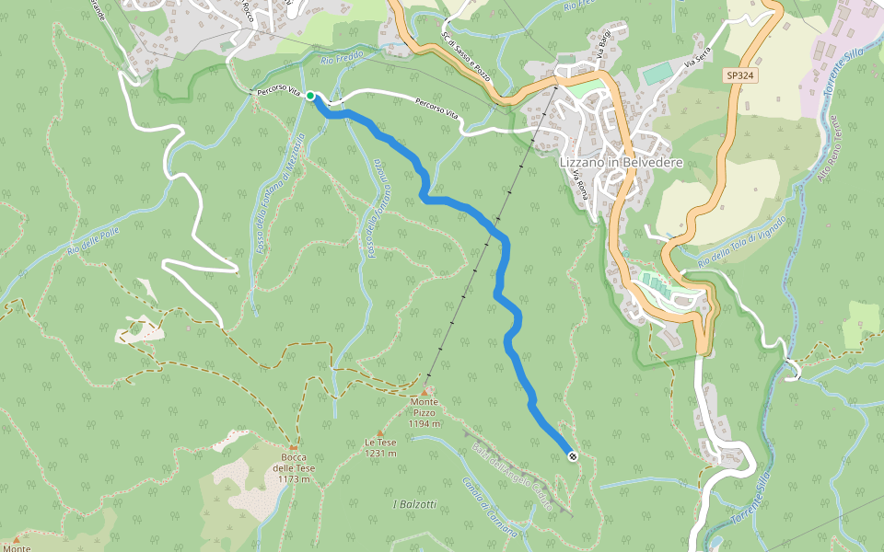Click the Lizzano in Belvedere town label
click(621, 162)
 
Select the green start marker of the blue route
click(310, 96)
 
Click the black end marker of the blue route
click(573, 455)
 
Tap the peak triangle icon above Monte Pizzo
click(425, 390)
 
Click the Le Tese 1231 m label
click(379, 447)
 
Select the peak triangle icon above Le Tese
click(379, 431)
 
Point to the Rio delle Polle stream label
click(93, 241)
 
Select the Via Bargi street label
click(604, 45)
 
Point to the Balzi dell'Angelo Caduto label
click(512, 476)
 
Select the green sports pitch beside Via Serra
click(657, 70)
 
